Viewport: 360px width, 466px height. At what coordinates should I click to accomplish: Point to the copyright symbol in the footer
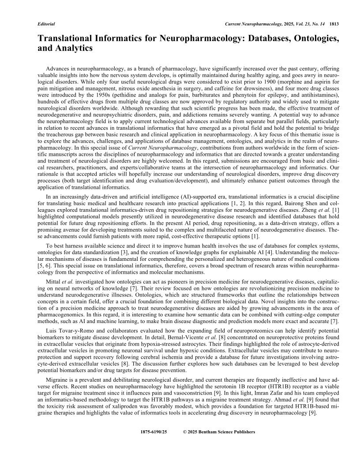pyautogui.click(x=185, y=432)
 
